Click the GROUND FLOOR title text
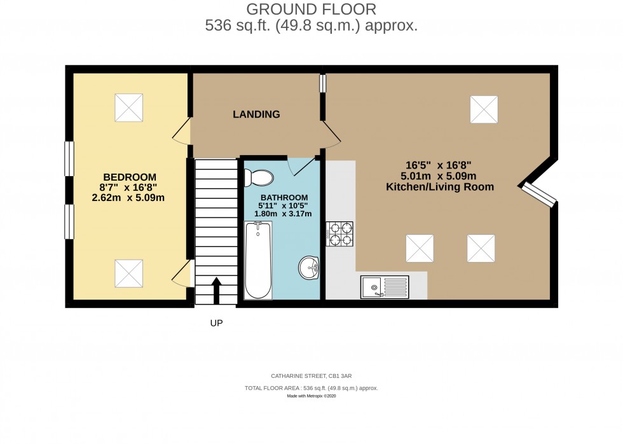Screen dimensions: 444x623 pyautogui.click(x=311, y=9)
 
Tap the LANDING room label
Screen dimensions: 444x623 pyautogui.click(x=256, y=114)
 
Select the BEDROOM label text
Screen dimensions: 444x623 pyautogui.click(x=130, y=176)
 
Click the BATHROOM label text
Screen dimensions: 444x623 pyautogui.click(x=283, y=197)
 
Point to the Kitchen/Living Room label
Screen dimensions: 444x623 pyautogui.click(x=440, y=187)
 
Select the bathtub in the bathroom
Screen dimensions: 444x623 pyautogui.click(x=258, y=260)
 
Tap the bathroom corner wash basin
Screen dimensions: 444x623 pyautogui.click(x=308, y=267)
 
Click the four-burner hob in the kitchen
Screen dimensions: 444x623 pyautogui.click(x=339, y=233)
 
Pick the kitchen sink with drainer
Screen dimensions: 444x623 pyautogui.click(x=385, y=286)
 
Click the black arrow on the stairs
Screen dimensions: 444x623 pyautogui.click(x=216, y=291)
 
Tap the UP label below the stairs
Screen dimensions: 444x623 pyautogui.click(x=216, y=323)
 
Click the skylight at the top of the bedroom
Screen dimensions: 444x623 pyautogui.click(x=129, y=108)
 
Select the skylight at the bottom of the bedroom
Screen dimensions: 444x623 pyautogui.click(x=129, y=274)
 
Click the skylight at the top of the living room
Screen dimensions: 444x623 pyautogui.click(x=483, y=109)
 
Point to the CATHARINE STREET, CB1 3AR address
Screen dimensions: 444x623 pyautogui.click(x=311, y=377)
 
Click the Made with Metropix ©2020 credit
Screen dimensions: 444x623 pyautogui.click(x=311, y=396)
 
